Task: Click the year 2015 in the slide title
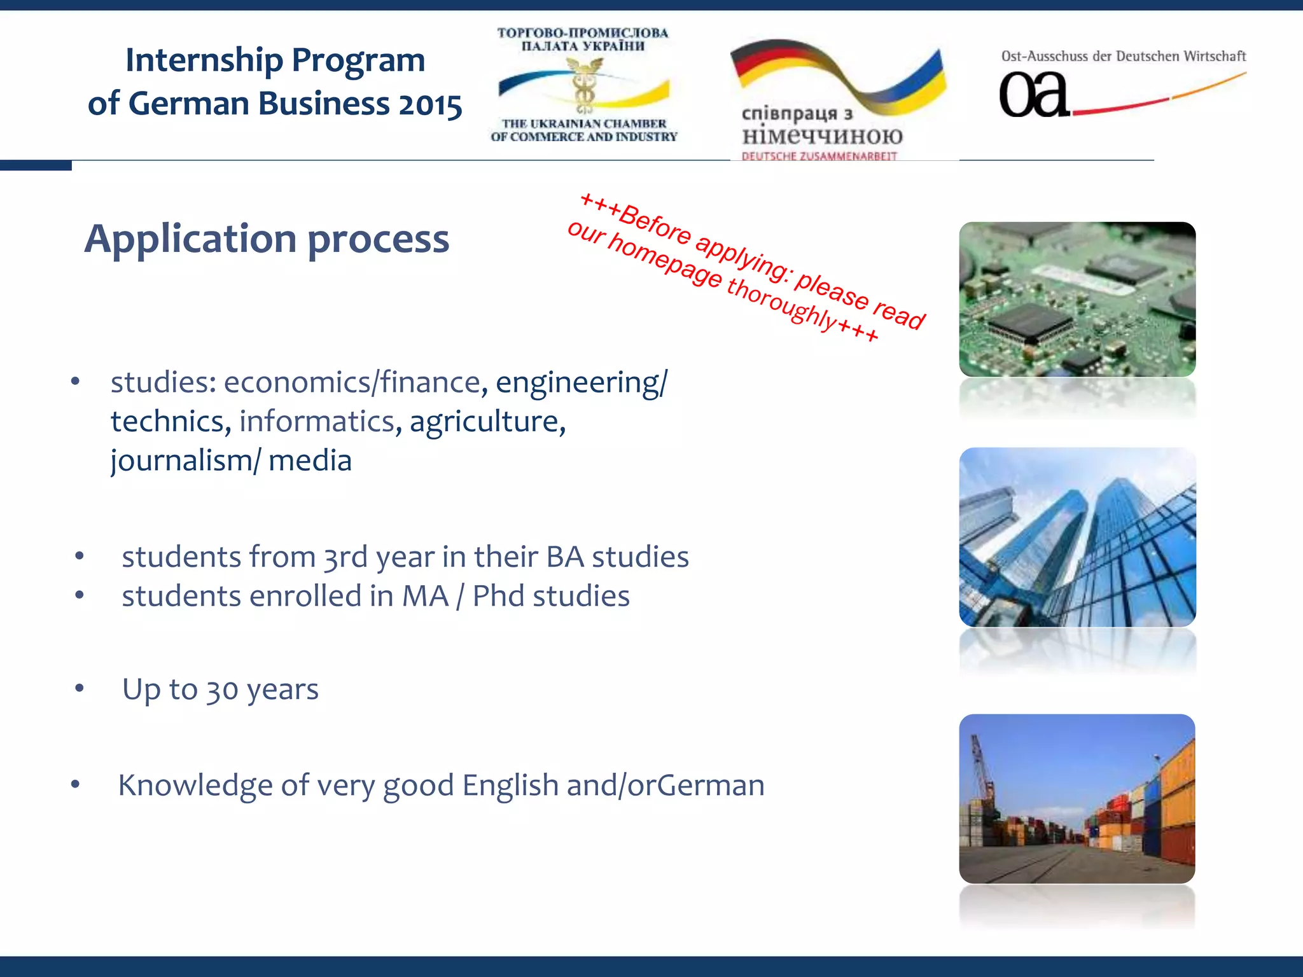coord(430,105)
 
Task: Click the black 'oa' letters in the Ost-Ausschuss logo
coord(1033,95)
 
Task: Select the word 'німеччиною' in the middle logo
coord(822,135)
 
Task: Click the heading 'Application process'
coord(267,239)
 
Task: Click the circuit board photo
coord(1077,299)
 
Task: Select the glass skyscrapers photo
coord(1077,537)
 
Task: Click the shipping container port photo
coord(1077,798)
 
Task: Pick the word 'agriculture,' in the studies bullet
coord(487,422)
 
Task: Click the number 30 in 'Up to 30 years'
coord(222,691)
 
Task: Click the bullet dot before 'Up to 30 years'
coord(80,688)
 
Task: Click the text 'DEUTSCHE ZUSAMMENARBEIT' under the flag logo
coord(819,156)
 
